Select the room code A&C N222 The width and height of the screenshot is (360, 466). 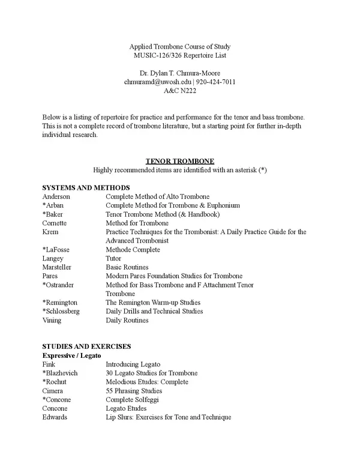[180, 91]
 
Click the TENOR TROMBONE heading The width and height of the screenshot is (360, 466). [180, 162]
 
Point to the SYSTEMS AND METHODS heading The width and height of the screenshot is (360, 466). [86, 188]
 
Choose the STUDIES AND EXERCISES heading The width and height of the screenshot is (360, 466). [86, 346]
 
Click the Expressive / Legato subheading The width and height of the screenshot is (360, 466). [71, 356]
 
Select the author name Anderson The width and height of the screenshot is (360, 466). [56, 196]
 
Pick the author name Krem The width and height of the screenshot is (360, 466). [50, 232]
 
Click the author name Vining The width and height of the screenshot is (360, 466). [52, 320]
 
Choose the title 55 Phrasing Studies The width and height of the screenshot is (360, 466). [133, 390]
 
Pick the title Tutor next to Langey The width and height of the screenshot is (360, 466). [114, 258]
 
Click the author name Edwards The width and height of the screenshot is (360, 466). [55, 417]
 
